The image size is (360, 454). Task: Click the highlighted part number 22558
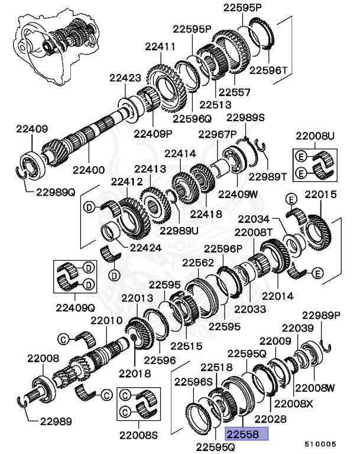(247, 435)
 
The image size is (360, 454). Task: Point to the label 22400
(89, 170)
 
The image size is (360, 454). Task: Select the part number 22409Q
(76, 307)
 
